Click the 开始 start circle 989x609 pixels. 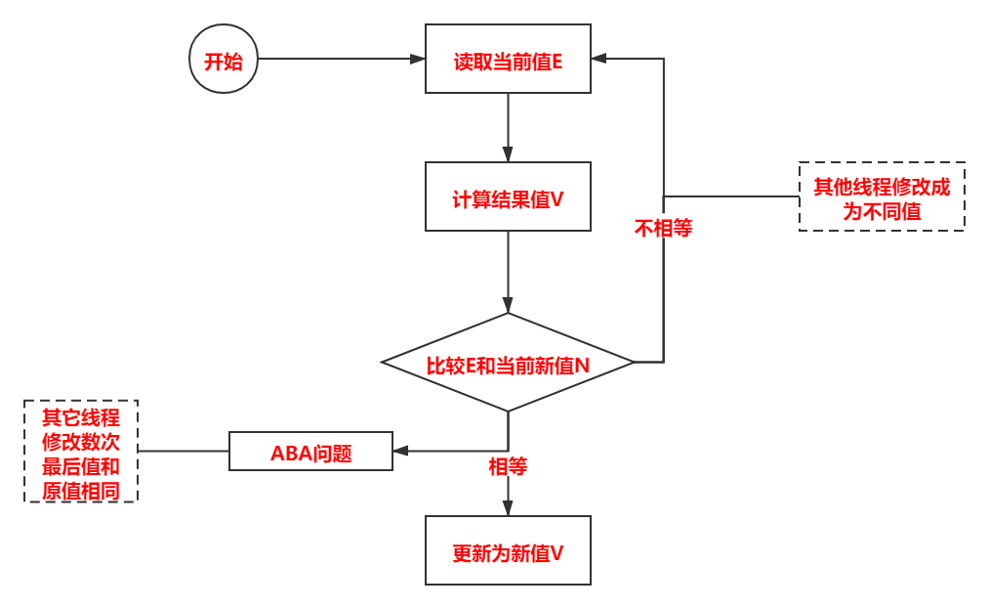(224, 60)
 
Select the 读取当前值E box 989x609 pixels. (508, 60)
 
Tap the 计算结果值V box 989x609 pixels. (508, 196)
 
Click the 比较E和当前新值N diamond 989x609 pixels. (508, 363)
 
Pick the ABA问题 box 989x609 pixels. (310, 452)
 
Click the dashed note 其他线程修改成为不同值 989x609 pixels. (882, 196)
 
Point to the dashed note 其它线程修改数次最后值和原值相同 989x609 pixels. (81, 451)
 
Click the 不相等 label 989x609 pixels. (663, 228)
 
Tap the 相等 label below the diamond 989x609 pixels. (508, 466)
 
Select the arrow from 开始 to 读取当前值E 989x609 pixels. (342, 60)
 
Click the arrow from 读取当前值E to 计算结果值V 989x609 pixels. (508, 127)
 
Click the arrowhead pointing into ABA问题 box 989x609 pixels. (400, 452)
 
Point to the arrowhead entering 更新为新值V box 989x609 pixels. (508, 508)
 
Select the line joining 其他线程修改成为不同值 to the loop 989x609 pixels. (732, 196)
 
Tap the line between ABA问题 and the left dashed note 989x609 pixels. (184, 452)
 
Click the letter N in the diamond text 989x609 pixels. (582, 366)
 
